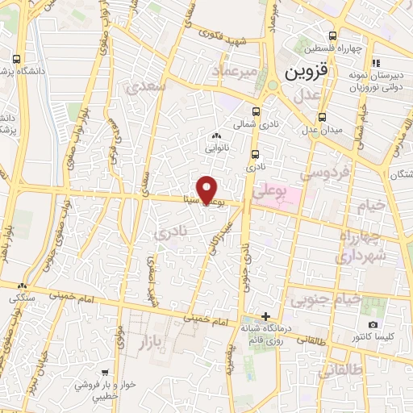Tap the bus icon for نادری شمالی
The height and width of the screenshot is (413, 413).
click(x=257, y=112)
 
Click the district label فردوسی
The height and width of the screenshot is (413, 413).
click(x=323, y=173)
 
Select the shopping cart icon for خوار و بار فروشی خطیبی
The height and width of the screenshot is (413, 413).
click(x=105, y=373)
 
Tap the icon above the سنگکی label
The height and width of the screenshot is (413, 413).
click(x=22, y=286)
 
